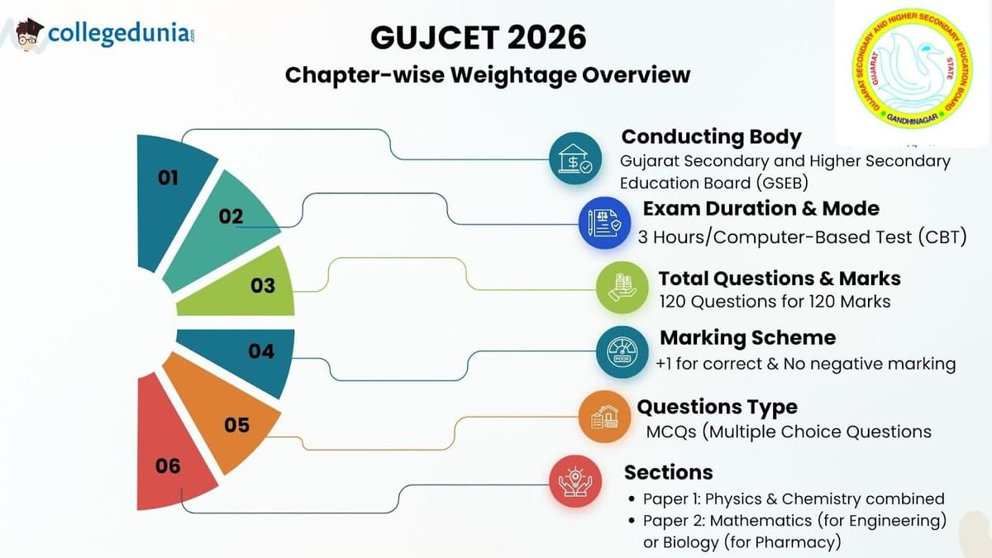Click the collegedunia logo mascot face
click(30, 36)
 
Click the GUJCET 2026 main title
click(479, 38)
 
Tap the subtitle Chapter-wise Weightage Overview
click(488, 75)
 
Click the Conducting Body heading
click(711, 136)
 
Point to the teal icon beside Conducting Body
click(575, 158)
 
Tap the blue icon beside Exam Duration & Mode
click(604, 223)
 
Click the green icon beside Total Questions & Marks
click(622, 289)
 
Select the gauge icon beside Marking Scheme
click(621, 353)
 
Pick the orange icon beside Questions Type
click(604, 417)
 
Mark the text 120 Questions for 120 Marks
click(775, 302)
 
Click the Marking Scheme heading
click(747, 338)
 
